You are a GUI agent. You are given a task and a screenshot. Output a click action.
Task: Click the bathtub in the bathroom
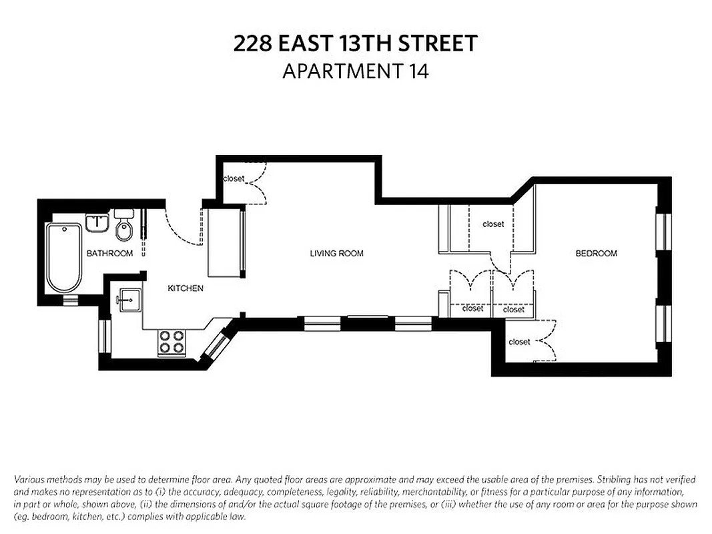(x=64, y=257)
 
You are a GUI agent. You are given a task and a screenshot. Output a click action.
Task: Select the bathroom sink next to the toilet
(x=98, y=222)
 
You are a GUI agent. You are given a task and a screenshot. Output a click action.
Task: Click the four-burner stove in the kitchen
(x=171, y=342)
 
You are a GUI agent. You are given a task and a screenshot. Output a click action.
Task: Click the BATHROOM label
(x=109, y=253)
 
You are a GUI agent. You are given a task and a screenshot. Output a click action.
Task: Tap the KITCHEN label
(x=185, y=288)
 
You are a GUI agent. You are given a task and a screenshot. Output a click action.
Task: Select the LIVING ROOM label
(x=336, y=253)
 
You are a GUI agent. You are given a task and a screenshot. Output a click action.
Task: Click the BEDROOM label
(x=596, y=253)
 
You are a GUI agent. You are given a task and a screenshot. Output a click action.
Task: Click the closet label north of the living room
(x=234, y=179)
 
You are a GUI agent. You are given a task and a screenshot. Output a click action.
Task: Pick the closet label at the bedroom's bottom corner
(x=519, y=342)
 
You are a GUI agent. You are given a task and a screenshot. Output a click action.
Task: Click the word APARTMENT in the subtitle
(x=340, y=71)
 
